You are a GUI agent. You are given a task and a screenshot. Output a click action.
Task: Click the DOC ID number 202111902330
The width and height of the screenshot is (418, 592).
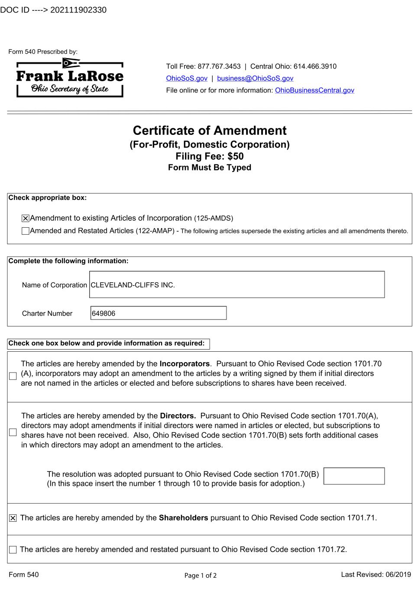point(78,10)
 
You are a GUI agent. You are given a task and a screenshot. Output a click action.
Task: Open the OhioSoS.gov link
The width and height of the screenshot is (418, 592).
point(187,78)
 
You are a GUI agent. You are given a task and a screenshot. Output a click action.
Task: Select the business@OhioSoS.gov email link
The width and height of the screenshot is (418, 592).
point(255,78)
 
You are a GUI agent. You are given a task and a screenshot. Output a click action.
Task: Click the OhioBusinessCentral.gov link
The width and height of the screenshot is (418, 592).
point(314,90)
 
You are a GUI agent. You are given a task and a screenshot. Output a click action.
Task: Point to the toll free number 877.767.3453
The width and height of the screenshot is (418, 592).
point(219,66)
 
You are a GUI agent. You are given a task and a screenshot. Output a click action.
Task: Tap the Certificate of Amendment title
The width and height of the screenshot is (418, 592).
point(210,131)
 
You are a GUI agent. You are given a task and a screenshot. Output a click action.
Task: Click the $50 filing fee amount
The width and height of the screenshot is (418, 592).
point(235,156)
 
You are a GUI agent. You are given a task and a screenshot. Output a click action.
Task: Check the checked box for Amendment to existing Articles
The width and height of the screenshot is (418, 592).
point(26,219)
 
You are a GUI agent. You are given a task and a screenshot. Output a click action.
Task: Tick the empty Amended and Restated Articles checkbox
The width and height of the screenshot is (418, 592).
point(26,231)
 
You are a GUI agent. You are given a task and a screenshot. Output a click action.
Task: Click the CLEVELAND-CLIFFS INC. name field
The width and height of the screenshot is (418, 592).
point(237,285)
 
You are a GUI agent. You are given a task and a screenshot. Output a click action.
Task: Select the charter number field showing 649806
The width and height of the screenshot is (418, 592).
point(159,313)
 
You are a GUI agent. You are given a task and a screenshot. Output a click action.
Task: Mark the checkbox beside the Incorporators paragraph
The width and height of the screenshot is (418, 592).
point(13,376)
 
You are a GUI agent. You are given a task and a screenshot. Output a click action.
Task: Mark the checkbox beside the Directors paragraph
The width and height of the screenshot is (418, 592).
point(13,432)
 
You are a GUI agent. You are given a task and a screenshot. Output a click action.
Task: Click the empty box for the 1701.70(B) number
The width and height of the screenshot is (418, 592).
point(354,476)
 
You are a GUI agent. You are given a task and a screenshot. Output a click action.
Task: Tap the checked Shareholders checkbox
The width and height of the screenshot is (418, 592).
point(13,518)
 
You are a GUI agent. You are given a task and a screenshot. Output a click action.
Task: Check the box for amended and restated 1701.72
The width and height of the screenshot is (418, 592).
point(13,550)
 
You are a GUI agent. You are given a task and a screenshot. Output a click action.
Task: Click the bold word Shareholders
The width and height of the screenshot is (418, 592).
point(183,518)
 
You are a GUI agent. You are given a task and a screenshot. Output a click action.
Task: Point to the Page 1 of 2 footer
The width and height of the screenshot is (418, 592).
point(201,576)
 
